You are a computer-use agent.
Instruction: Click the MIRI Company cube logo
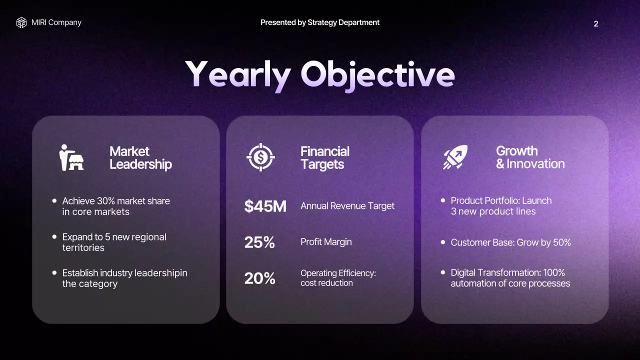pyautogui.click(x=21, y=22)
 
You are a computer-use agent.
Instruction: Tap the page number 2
pyautogui.click(x=595, y=24)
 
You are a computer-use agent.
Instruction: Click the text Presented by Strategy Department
pyautogui.click(x=320, y=22)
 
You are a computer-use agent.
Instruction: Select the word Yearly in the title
pyautogui.click(x=237, y=74)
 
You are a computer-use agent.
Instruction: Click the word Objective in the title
pyautogui.click(x=377, y=74)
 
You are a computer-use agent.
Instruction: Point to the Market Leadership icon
pyautogui.click(x=71, y=157)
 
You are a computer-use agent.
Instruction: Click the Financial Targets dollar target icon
pyautogui.click(x=260, y=157)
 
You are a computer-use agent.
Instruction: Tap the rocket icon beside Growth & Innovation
pyautogui.click(x=455, y=157)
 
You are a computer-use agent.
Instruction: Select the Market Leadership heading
pyautogui.click(x=140, y=157)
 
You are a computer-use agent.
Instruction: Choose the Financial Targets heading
pyautogui.click(x=325, y=157)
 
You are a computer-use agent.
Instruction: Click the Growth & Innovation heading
pyautogui.click(x=530, y=157)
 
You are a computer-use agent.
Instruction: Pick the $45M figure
pyautogui.click(x=265, y=206)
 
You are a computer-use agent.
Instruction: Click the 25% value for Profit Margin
pyautogui.click(x=259, y=242)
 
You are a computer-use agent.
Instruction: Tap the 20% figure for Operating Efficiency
pyautogui.click(x=259, y=278)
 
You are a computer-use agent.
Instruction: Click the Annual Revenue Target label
pyautogui.click(x=347, y=206)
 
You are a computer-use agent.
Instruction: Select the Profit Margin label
pyautogui.click(x=326, y=242)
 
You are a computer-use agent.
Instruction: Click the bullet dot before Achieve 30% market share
pyautogui.click(x=54, y=200)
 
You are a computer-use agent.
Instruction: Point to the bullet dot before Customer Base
pyautogui.click(x=443, y=242)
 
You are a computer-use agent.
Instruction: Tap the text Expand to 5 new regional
pyautogui.click(x=114, y=237)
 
